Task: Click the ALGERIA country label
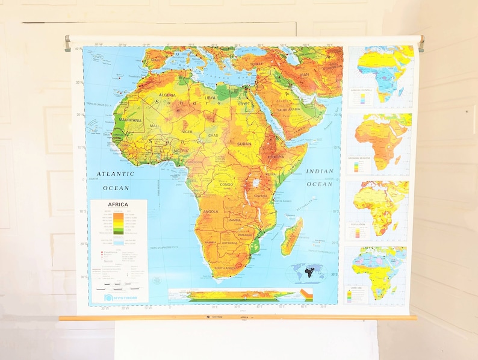(x=167, y=95)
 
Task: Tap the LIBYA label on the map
(x=210, y=98)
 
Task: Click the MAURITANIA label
(x=130, y=120)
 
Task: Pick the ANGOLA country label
(x=211, y=212)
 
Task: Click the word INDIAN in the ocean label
(x=320, y=172)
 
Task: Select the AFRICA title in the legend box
(x=117, y=205)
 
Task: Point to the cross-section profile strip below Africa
(x=241, y=295)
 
